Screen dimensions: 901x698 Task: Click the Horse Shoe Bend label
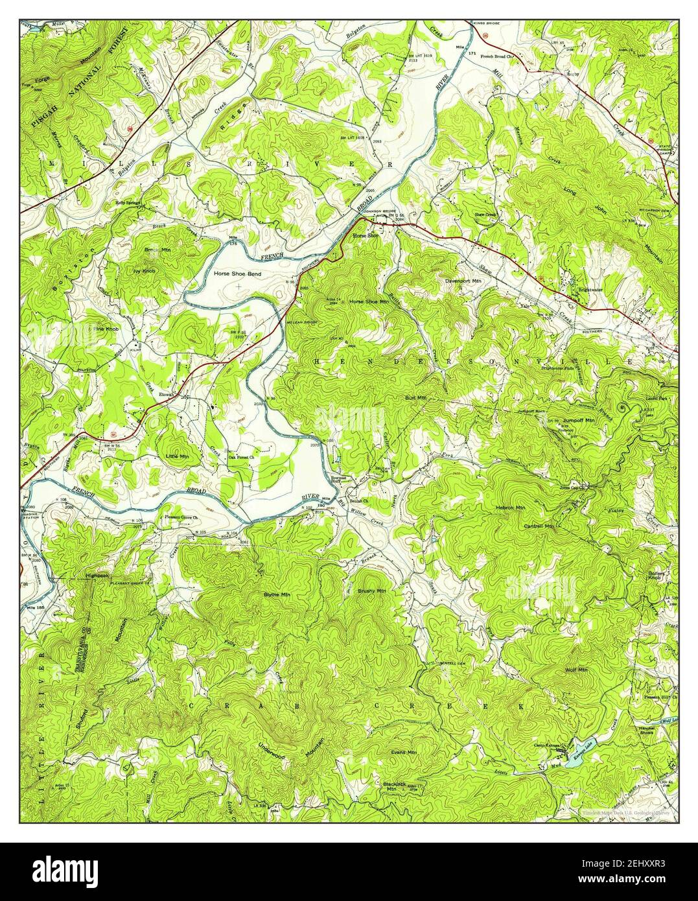(x=237, y=274)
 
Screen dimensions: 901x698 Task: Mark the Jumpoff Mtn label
(x=579, y=419)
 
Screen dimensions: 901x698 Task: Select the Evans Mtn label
(x=403, y=751)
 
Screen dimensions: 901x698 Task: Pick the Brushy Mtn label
(x=371, y=591)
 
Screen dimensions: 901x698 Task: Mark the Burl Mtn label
(x=415, y=397)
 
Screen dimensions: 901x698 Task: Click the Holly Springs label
(x=128, y=202)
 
